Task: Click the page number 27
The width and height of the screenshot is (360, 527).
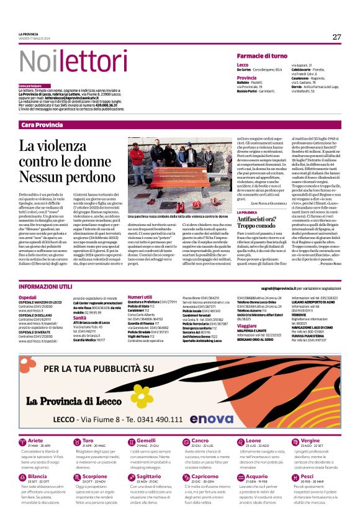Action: (x=336, y=37)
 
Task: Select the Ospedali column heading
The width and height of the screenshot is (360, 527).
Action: (x=28, y=297)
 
